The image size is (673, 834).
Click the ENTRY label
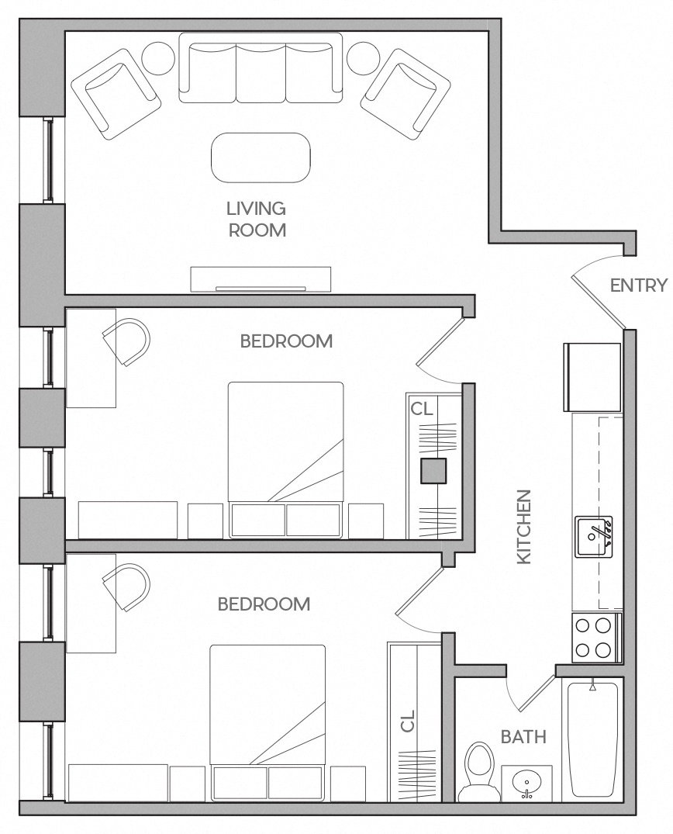pyautogui.click(x=638, y=285)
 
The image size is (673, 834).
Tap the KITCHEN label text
pyautogui.click(x=524, y=526)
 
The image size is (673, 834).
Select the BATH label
pyautogui.click(x=523, y=736)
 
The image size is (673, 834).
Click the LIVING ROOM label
pyautogui.click(x=256, y=219)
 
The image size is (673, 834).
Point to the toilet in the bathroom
pyautogui.click(x=476, y=770)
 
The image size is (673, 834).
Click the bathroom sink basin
pyautogui.click(x=526, y=783)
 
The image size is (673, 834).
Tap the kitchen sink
pyautogui.click(x=593, y=536)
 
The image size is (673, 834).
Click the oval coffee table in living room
pyautogui.click(x=261, y=157)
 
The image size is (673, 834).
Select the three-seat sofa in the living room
pyautogui.click(x=261, y=68)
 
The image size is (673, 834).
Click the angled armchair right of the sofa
pyautogui.click(x=406, y=93)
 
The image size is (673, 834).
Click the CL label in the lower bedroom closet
pyautogui.click(x=408, y=721)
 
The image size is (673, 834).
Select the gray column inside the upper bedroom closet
pyautogui.click(x=433, y=472)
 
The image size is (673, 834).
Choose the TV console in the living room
pyautogui.click(x=261, y=279)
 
